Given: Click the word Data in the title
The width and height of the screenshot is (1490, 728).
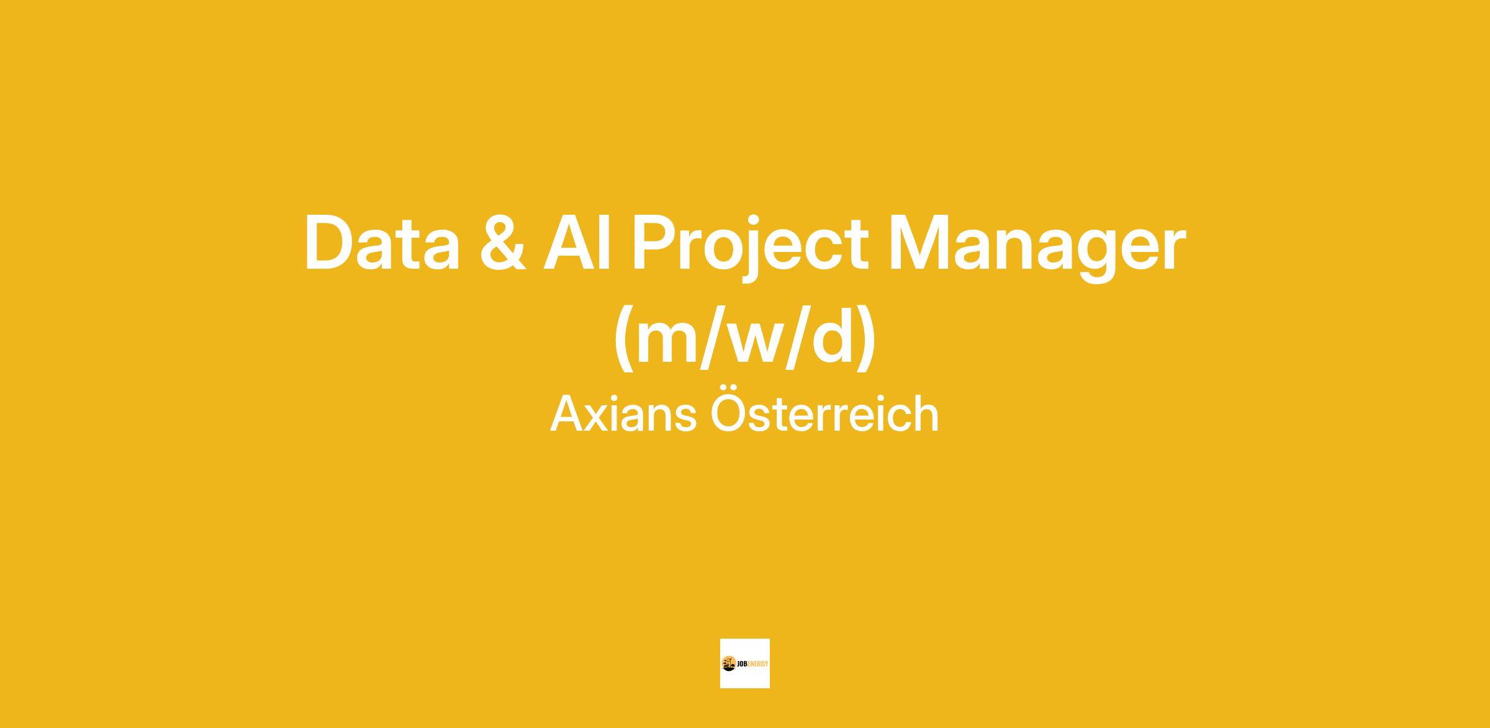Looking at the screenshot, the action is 382,243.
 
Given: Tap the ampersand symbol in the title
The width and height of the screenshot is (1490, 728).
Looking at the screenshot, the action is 503,243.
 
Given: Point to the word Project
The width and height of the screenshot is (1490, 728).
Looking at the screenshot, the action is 751,248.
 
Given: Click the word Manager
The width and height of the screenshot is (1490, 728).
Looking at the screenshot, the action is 1037,248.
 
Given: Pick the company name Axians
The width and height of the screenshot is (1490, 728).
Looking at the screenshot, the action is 623,414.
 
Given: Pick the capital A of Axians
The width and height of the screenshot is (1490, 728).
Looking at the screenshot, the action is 567,413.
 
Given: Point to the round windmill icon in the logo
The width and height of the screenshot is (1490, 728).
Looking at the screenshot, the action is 729,663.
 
